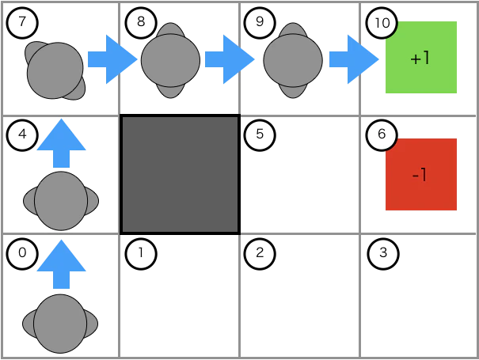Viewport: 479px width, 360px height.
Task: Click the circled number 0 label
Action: coord(22,254)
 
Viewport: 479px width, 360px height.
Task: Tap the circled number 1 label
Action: coord(141,254)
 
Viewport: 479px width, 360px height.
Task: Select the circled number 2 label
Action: coord(260,254)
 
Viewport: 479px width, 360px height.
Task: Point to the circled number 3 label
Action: coord(383,254)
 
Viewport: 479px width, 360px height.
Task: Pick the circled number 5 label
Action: coord(260,135)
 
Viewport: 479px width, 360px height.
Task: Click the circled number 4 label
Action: coord(22,135)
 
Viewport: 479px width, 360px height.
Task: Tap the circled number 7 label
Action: coord(22,23)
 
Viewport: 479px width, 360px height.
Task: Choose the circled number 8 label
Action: coord(141,23)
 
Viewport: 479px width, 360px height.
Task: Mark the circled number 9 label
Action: coord(260,23)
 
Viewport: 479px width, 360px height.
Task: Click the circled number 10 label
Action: coord(382,23)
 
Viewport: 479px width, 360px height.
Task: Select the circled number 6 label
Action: coord(382,135)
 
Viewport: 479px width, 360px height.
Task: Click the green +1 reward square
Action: coord(421,58)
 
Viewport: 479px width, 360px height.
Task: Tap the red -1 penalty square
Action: coord(421,174)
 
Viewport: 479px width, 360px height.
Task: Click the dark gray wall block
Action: coord(181,175)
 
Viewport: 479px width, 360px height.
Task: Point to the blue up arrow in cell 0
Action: coord(61,264)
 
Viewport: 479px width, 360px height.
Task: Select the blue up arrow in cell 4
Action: coord(61,143)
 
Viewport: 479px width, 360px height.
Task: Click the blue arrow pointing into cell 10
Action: coord(354,59)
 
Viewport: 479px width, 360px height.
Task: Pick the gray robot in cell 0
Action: coord(60,324)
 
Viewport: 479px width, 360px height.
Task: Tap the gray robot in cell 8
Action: coord(170,60)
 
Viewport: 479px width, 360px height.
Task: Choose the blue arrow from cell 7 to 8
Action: coord(112,59)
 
